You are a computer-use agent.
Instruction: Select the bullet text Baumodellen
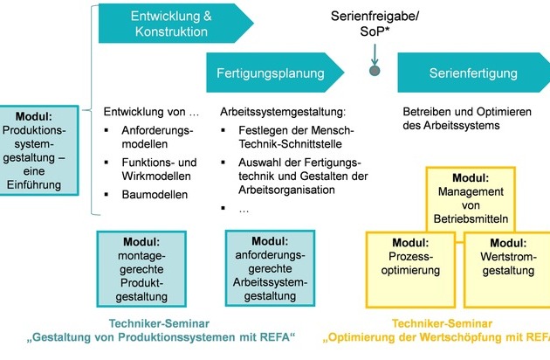click(x=155, y=195)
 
